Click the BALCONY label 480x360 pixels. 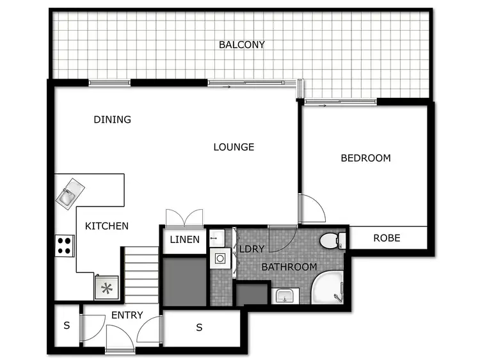(241, 45)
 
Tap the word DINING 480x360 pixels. (112, 120)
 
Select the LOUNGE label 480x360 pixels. (234, 147)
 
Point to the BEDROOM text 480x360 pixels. (365, 158)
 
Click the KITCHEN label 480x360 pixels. (107, 226)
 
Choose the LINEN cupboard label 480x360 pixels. (184, 240)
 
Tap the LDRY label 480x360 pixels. (252, 249)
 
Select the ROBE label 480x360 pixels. (387, 238)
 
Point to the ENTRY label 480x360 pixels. (127, 315)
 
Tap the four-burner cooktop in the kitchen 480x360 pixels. (65, 246)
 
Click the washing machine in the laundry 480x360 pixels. (220, 259)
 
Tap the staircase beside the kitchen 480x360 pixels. (141, 275)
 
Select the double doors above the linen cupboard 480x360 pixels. (184, 217)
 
